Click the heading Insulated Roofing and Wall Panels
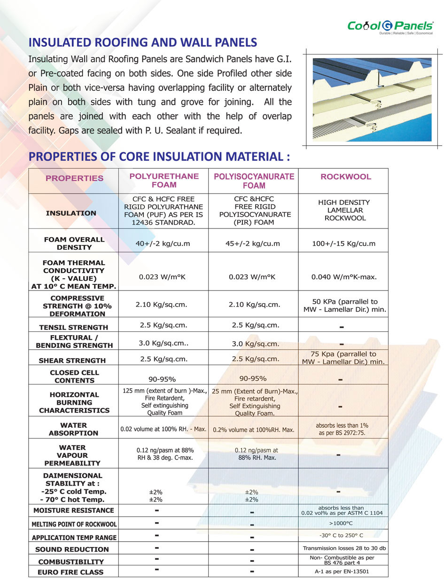(x=142, y=43)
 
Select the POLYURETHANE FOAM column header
(x=164, y=180)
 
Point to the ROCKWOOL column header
(x=345, y=177)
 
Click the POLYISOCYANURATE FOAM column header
(x=254, y=180)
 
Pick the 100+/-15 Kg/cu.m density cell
(x=343, y=243)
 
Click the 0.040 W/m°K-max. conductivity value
(x=343, y=277)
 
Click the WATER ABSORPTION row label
(x=74, y=429)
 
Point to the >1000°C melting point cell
(x=343, y=523)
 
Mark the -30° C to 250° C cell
(x=343, y=535)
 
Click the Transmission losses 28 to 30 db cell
(x=343, y=548)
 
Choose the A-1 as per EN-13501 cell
(x=343, y=572)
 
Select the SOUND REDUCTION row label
(x=72, y=549)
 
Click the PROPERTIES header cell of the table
(x=74, y=178)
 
